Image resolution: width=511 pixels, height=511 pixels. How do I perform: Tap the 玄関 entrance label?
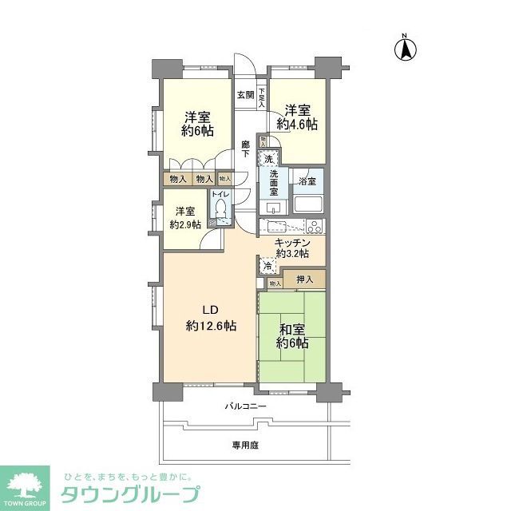(245, 95)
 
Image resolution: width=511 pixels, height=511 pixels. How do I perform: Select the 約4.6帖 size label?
(297, 124)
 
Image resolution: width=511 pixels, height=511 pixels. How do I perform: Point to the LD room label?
(209, 310)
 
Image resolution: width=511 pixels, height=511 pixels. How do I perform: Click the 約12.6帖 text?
(210, 326)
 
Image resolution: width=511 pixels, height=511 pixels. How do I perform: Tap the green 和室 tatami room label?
(291, 328)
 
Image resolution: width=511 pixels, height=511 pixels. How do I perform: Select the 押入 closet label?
(304, 279)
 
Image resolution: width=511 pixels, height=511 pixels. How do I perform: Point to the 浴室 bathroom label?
(307, 181)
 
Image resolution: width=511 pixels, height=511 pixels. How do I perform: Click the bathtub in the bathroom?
(307, 203)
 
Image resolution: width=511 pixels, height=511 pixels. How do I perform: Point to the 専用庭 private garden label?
(245, 444)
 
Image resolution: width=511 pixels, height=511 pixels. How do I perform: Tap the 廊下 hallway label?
(246, 149)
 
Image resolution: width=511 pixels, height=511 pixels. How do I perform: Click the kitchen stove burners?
(311, 225)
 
